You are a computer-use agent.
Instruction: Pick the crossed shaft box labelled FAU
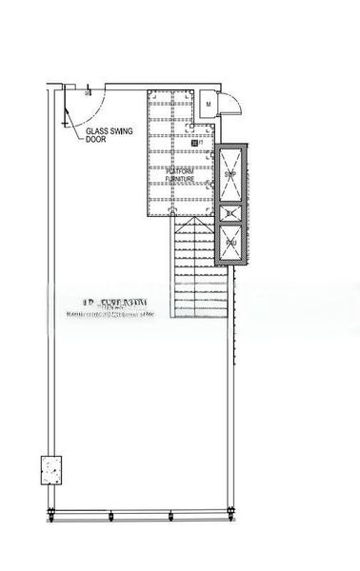click(230, 242)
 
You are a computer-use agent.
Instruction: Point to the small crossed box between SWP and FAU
click(230, 212)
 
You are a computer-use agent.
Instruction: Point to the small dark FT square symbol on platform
click(194, 143)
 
